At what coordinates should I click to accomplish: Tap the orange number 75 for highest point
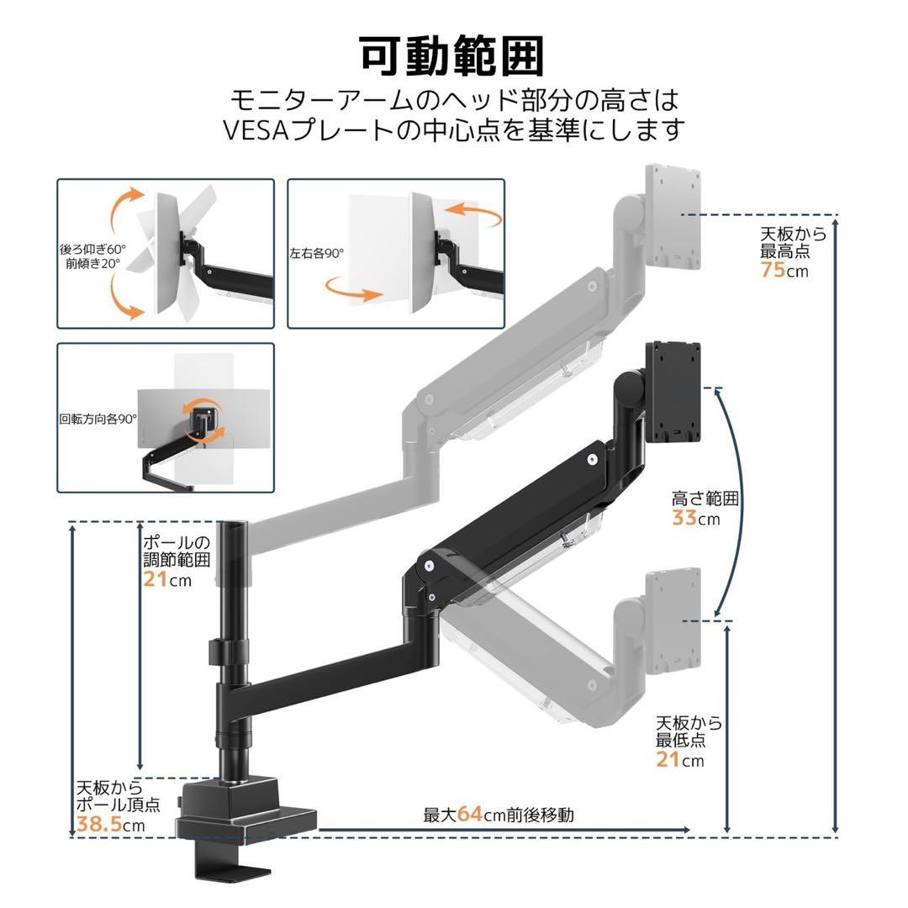pyautogui.click(x=773, y=271)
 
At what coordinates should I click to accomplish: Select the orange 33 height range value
pyautogui.click(x=684, y=518)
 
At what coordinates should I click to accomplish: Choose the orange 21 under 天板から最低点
pyautogui.click(x=668, y=760)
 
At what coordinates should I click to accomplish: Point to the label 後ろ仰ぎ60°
pyautogui.click(x=92, y=249)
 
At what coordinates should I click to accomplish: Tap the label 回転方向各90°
pyautogui.click(x=98, y=418)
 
